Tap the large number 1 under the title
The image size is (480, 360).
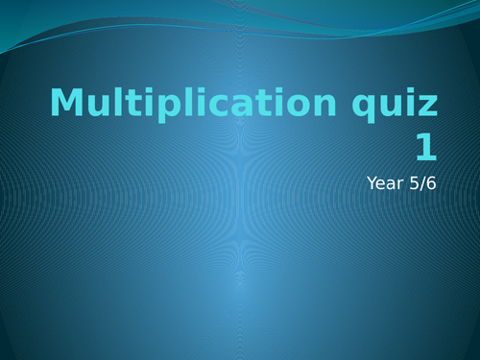425,148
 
